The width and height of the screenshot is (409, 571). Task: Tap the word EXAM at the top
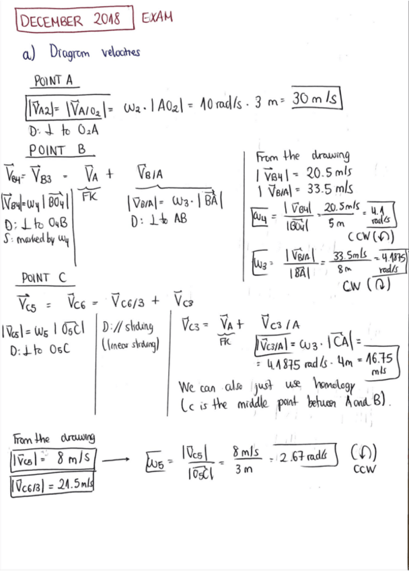pyautogui.click(x=157, y=17)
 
